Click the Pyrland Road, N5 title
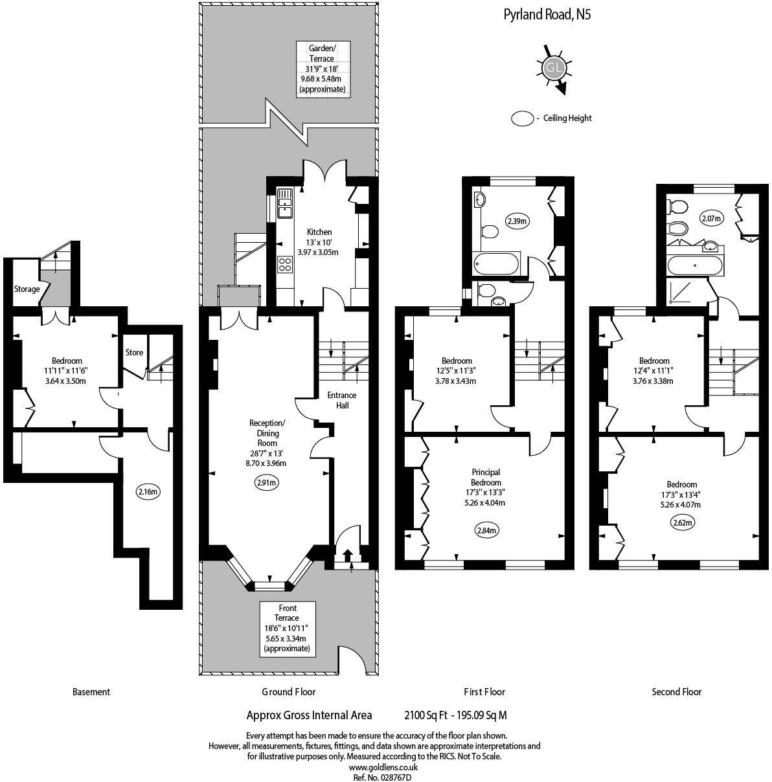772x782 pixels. [x=547, y=14]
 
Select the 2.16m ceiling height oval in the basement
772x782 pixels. [x=148, y=491]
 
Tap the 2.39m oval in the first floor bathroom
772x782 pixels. [x=517, y=221]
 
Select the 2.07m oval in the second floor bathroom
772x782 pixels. [x=710, y=219]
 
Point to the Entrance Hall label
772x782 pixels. [x=342, y=400]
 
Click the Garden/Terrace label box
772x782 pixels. [x=322, y=69]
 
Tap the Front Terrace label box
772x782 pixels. [x=287, y=628]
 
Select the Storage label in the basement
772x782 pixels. [x=27, y=289]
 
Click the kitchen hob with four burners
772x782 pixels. [x=284, y=265]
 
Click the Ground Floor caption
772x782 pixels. [x=288, y=691]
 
